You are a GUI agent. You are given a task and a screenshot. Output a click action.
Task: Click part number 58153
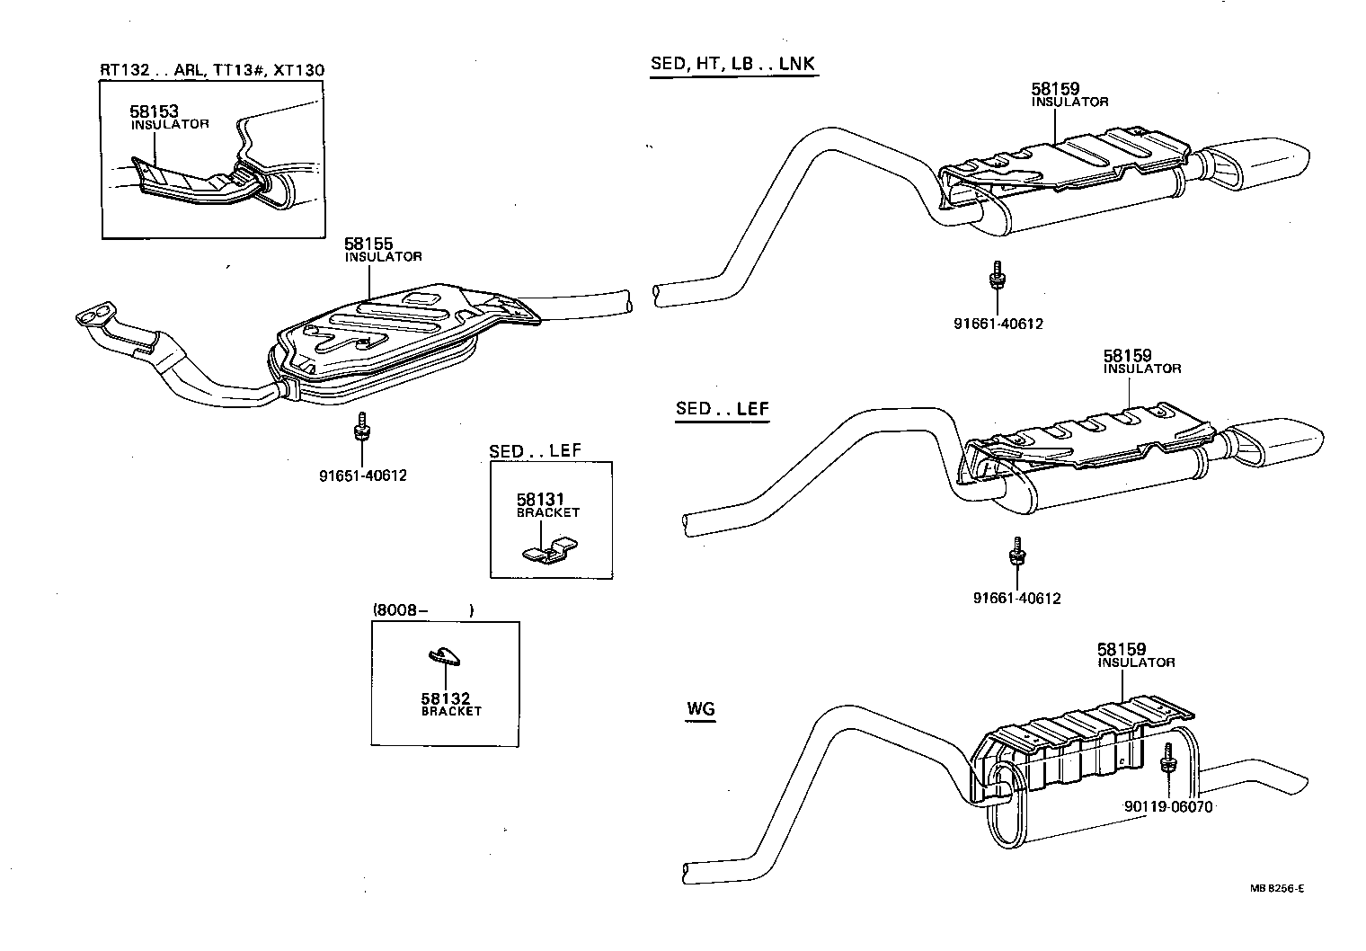(154, 111)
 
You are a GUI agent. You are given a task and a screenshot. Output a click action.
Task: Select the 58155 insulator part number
(368, 244)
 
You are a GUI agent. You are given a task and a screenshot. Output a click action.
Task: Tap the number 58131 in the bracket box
(540, 499)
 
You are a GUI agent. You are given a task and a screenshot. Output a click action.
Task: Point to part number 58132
(446, 698)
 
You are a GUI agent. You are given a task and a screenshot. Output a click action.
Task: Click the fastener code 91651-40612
(362, 475)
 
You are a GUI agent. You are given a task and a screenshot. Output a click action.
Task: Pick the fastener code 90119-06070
(1167, 806)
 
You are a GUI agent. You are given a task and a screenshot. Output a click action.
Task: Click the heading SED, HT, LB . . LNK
(732, 64)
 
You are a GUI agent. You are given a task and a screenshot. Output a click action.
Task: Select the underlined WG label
(700, 708)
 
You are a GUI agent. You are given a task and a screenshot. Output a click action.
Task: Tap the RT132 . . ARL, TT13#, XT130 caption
(212, 70)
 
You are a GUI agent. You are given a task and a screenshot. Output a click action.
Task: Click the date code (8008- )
(422, 610)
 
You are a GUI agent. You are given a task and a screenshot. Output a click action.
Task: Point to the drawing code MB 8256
(1276, 888)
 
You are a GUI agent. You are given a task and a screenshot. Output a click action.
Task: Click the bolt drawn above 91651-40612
(361, 427)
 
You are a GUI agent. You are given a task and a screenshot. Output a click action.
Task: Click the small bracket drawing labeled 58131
(549, 549)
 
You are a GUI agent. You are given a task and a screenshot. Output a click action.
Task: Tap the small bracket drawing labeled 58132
(444, 656)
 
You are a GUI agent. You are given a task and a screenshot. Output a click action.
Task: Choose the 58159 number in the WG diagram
(1121, 649)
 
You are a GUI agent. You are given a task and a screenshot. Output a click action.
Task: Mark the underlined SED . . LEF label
(723, 409)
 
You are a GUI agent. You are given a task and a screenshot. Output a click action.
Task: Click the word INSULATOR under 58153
(170, 124)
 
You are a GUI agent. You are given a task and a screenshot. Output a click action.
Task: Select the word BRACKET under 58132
(451, 711)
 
